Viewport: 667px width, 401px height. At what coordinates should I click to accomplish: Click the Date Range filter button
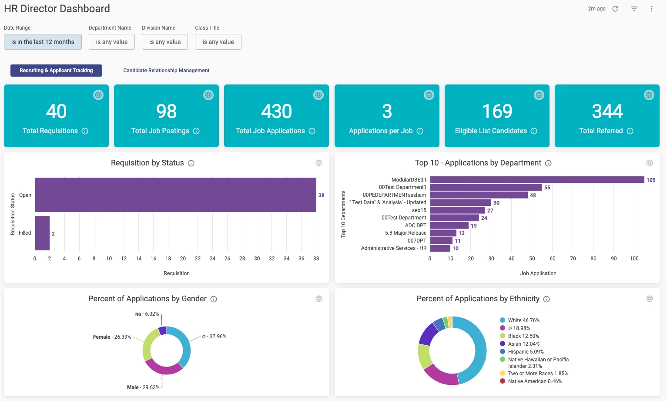click(x=43, y=42)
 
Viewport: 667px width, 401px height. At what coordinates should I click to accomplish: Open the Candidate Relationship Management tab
click(x=166, y=71)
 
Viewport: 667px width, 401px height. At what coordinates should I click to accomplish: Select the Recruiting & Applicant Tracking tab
click(x=56, y=71)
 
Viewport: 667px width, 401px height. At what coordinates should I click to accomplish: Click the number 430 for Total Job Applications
click(x=276, y=111)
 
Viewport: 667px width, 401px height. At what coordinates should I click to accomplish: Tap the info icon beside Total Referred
click(x=630, y=131)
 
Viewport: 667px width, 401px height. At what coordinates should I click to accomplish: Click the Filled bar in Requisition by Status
click(x=42, y=233)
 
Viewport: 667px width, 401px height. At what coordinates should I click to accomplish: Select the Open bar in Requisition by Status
click(x=175, y=195)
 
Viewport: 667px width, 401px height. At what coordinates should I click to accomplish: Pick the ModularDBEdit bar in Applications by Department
click(x=537, y=180)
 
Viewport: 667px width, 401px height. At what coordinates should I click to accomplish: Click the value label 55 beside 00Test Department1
click(x=547, y=188)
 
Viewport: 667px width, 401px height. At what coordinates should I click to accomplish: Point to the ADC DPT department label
click(x=416, y=226)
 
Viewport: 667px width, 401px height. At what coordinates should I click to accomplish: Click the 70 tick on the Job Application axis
click(x=573, y=259)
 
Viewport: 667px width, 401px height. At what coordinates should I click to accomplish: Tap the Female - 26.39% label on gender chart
click(x=112, y=337)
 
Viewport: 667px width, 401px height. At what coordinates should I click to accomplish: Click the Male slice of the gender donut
click(x=164, y=367)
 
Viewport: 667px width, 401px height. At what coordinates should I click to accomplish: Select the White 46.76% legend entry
click(x=523, y=320)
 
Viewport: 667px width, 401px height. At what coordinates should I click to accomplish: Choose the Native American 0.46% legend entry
click(x=535, y=381)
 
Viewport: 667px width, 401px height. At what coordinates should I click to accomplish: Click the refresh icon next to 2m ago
click(x=615, y=9)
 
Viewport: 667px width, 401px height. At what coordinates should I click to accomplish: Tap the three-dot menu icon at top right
click(x=651, y=9)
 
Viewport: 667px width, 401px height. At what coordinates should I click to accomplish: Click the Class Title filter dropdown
click(x=218, y=42)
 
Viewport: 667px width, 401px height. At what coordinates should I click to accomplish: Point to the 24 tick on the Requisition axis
click(x=212, y=259)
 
